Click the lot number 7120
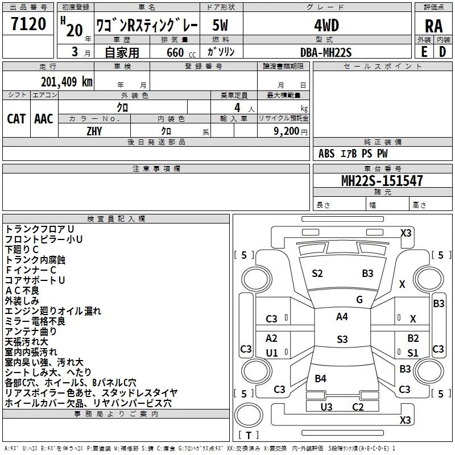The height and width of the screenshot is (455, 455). [28, 24]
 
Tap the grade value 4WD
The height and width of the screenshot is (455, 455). [326, 26]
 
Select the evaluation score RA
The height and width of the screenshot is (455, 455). [433, 26]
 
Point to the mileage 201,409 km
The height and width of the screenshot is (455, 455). [67, 82]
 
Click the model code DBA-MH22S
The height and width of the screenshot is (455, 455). [326, 52]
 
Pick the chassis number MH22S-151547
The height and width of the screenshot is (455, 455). [382, 181]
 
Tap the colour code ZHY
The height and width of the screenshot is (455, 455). [94, 131]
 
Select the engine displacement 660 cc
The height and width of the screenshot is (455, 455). [181, 52]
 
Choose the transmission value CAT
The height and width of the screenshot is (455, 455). [16, 119]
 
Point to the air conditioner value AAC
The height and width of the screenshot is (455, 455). [44, 119]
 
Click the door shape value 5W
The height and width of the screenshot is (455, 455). [220, 26]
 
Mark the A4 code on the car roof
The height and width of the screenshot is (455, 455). [342, 317]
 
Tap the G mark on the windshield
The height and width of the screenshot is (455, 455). [359, 300]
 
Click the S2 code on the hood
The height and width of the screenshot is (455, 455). [317, 274]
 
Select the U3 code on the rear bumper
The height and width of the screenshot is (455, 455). [326, 407]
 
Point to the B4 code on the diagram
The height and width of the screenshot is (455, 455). [321, 378]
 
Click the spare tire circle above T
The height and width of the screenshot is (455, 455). [249, 415]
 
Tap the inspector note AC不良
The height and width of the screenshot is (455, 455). [22, 291]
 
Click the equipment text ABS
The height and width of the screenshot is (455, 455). [326, 154]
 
